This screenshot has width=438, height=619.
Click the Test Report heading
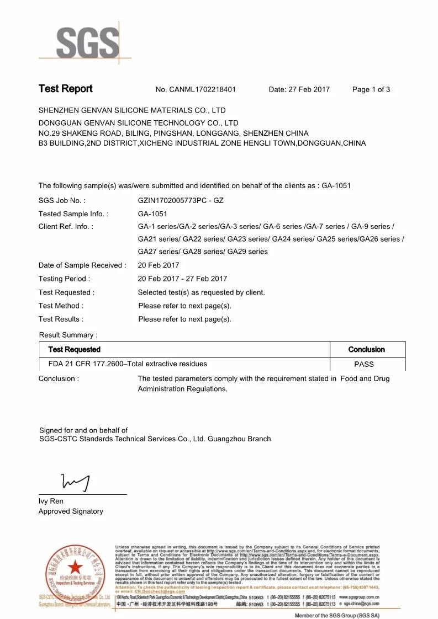coord(65,89)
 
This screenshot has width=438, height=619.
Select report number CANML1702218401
coord(204,89)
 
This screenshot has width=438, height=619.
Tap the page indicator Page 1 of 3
coord(371,89)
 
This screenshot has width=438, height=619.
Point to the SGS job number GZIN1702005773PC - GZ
coord(181,200)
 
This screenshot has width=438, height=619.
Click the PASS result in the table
coord(364,364)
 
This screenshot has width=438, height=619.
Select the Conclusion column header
coord(366,349)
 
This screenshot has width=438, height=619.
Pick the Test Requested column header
coord(75,349)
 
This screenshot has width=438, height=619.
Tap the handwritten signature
coord(76,482)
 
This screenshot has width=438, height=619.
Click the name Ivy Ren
coord(51,501)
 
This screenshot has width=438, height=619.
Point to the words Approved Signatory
coord(71,511)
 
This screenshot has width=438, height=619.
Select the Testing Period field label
coord(64,279)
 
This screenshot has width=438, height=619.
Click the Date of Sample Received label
coord(82,265)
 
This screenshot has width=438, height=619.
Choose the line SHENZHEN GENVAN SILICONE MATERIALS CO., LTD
coord(132,110)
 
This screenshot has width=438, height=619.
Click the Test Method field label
coord(61,306)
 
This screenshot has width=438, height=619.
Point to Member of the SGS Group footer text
coord(337,615)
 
